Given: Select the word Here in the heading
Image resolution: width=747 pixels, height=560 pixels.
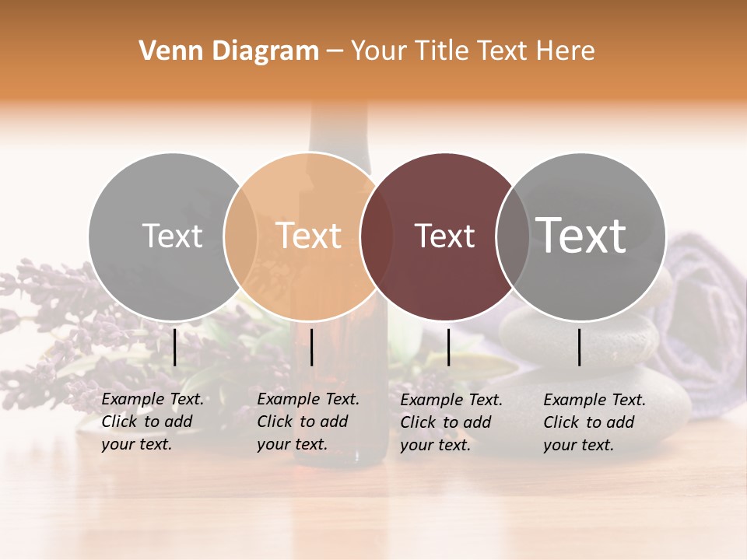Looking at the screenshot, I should [x=566, y=51].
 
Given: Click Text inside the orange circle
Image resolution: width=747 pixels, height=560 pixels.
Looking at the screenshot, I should [x=309, y=236].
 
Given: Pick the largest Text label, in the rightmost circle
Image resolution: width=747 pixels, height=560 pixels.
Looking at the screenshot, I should [x=581, y=235].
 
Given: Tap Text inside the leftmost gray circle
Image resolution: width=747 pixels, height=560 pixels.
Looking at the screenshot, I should [x=172, y=236].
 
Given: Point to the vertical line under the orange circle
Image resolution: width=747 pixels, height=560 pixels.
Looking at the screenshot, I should [x=311, y=347].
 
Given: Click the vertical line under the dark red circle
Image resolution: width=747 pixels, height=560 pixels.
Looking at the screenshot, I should [x=449, y=347].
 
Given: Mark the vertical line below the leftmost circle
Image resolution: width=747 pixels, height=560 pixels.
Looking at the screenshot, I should [x=175, y=347].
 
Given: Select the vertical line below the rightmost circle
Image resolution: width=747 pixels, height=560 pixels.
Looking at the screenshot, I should [x=580, y=347].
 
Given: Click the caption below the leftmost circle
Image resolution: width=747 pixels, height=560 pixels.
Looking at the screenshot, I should [x=153, y=422].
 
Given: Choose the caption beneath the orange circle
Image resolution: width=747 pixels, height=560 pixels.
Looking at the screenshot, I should [x=308, y=422].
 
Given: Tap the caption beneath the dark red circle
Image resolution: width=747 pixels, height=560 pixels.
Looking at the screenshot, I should [x=451, y=422].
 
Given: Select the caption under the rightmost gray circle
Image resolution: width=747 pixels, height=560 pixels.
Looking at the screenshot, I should [x=594, y=422].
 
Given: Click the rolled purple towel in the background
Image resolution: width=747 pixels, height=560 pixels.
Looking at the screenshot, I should [x=700, y=311].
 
